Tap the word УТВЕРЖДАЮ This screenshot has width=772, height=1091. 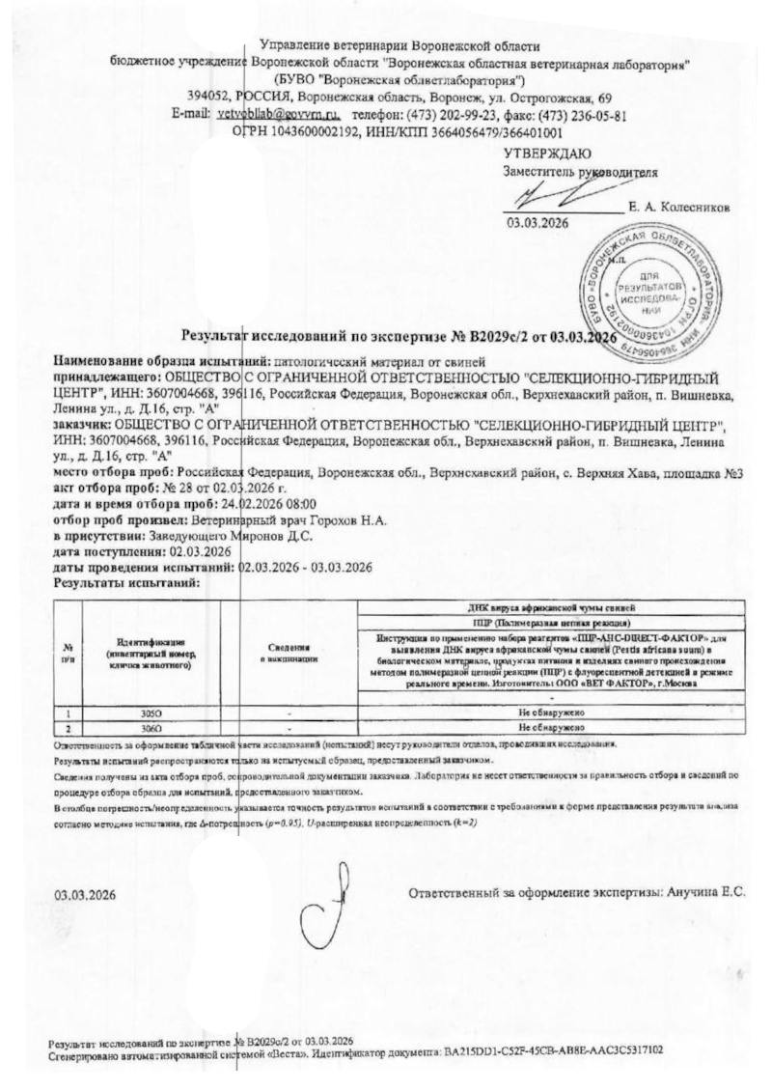(547, 154)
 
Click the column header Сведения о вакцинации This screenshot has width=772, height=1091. (289, 652)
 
